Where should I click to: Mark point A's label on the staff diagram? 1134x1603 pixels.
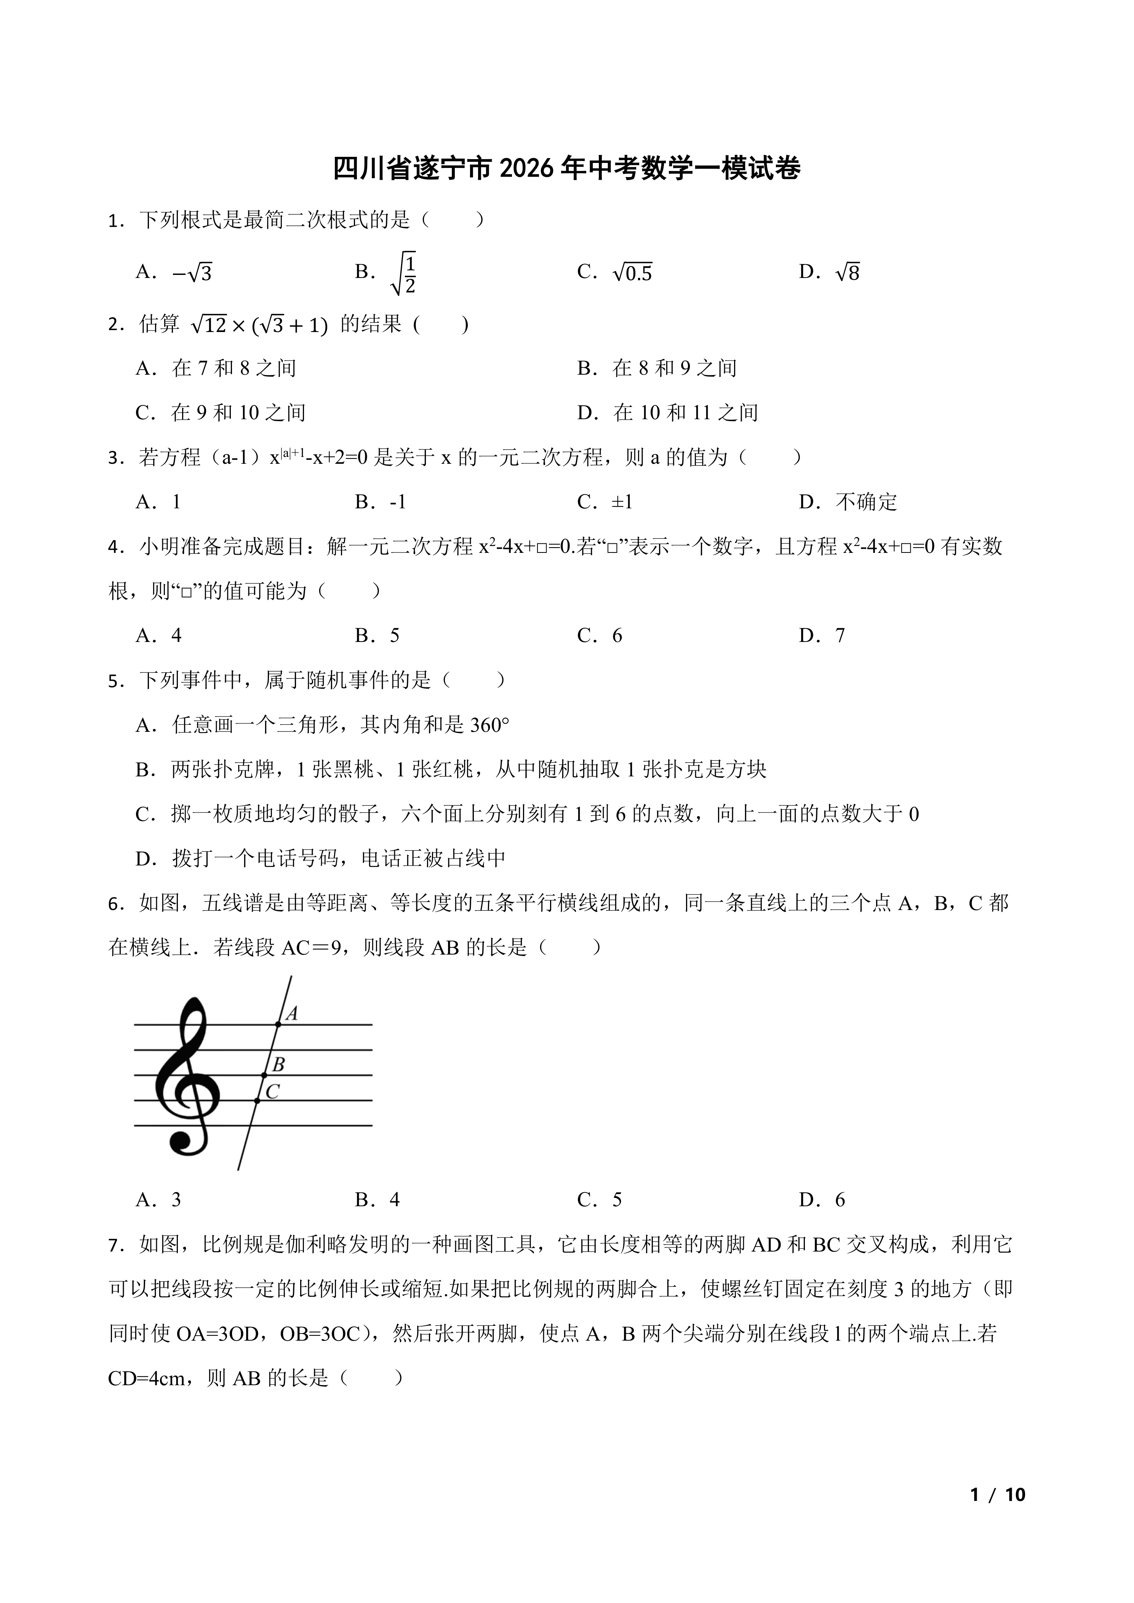pyautogui.click(x=292, y=1014)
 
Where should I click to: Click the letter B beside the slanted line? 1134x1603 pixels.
pyautogui.click(x=278, y=1065)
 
